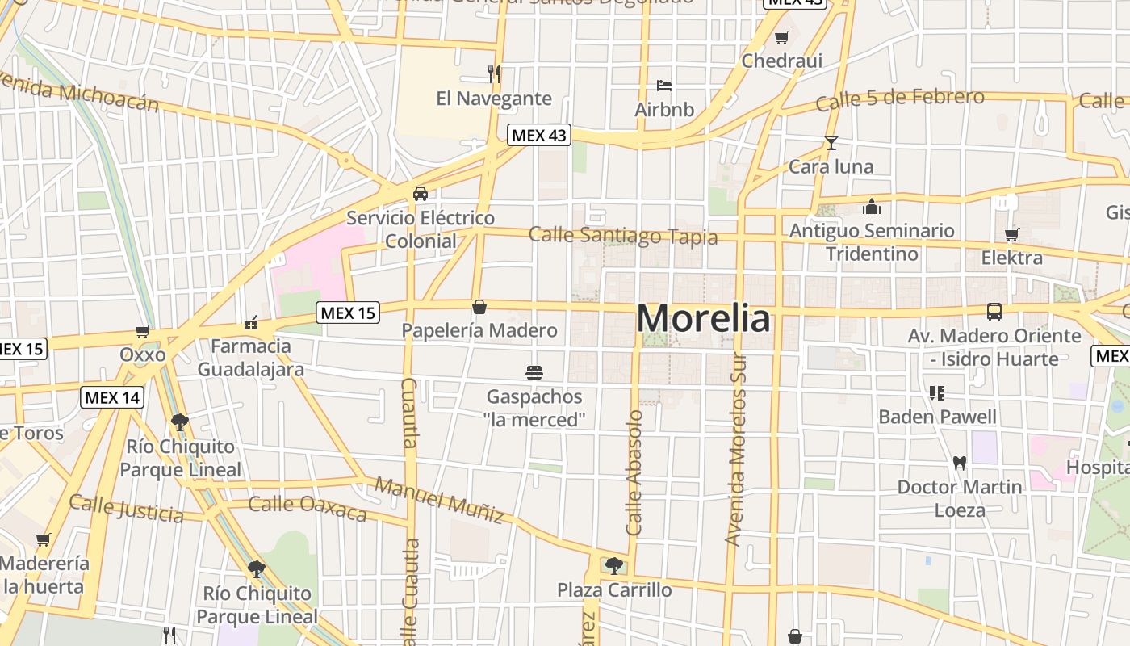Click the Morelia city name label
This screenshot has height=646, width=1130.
(x=703, y=318)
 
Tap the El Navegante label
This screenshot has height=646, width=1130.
(x=494, y=99)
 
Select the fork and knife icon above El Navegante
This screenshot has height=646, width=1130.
(x=494, y=73)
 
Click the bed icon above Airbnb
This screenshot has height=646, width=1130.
(x=664, y=85)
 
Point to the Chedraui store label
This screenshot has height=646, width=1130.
(x=781, y=61)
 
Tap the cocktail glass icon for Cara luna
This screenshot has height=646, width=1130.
(x=831, y=143)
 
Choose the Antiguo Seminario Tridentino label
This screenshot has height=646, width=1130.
(x=872, y=242)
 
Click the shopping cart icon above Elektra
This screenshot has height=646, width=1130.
(x=1011, y=234)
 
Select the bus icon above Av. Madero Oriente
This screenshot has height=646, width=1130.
(x=994, y=311)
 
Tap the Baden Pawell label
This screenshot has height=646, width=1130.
(x=937, y=417)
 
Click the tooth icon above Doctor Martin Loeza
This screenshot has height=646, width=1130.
(x=960, y=463)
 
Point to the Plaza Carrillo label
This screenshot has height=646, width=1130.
(x=614, y=590)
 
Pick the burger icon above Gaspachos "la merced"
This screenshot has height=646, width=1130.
(x=534, y=372)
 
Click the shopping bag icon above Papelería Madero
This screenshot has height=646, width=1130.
(x=479, y=307)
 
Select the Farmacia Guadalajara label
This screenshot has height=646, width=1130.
(x=251, y=358)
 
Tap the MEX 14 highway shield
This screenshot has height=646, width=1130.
(x=112, y=397)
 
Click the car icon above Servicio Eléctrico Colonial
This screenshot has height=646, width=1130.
(x=421, y=194)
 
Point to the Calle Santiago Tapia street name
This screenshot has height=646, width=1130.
(x=623, y=236)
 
